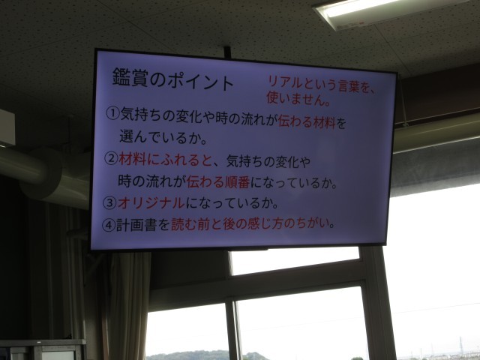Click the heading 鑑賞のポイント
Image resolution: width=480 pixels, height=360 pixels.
[x=173, y=79]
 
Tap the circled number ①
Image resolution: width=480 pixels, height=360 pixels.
[x=112, y=113]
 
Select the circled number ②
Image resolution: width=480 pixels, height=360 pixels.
[x=111, y=158]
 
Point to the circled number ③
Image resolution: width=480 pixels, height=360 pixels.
[x=109, y=203]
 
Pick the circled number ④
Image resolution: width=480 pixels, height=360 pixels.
[x=108, y=225]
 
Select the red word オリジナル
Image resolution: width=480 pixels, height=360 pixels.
[x=151, y=203]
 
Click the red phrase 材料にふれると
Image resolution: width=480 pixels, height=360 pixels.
[x=165, y=160]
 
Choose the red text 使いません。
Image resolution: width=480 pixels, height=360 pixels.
[x=298, y=98]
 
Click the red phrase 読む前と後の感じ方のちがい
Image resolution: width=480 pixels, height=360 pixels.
[x=249, y=224]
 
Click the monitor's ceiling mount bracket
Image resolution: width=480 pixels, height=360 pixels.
[x=227, y=52]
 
